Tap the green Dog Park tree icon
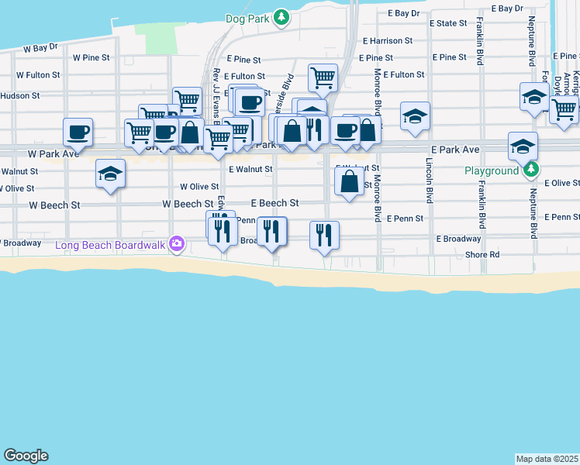click(x=281, y=18)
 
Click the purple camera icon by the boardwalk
click(x=177, y=245)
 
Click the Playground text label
click(x=492, y=170)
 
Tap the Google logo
click(x=26, y=456)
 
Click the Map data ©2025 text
click(x=547, y=458)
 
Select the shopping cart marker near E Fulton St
click(x=323, y=77)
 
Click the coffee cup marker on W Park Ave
click(x=78, y=131)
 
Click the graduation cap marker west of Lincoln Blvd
click(x=415, y=115)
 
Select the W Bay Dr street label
click(x=40, y=47)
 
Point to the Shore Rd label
click(x=482, y=254)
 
